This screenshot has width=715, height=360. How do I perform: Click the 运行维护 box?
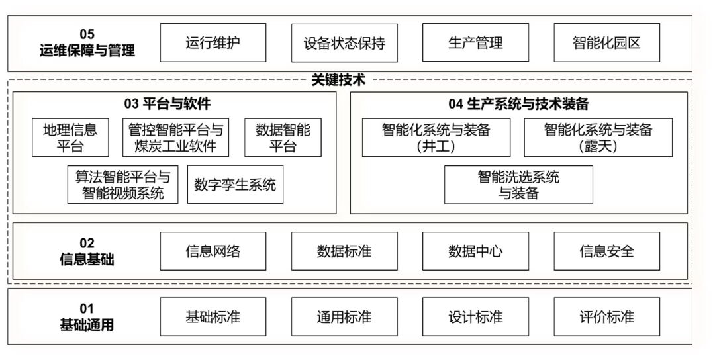(x=213, y=43)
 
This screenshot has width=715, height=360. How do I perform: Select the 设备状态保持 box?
(x=344, y=43)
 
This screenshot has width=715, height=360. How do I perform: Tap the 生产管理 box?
(x=475, y=43)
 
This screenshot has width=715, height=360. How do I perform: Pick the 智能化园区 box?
(x=606, y=43)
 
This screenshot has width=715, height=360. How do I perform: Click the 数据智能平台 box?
(x=283, y=138)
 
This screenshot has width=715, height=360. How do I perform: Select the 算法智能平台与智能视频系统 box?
(x=123, y=185)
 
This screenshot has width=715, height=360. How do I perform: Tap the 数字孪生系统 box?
(x=235, y=185)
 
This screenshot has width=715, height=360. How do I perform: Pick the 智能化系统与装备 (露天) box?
(x=598, y=138)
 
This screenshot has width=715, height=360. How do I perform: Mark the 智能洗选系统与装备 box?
(x=518, y=185)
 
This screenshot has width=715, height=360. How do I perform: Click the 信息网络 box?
(x=213, y=251)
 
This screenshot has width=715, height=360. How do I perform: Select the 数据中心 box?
(x=475, y=251)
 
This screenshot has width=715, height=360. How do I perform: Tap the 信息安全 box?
(x=606, y=251)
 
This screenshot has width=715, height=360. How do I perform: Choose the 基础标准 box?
(x=213, y=317)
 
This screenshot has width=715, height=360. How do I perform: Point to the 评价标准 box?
(x=606, y=317)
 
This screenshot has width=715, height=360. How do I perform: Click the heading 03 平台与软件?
(x=167, y=103)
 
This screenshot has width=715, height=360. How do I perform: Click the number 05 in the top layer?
(x=87, y=34)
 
